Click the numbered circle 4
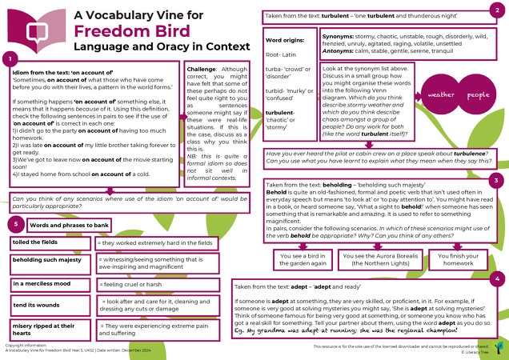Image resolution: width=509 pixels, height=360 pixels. tap(498, 278)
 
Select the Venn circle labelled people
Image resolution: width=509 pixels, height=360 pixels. tap(479, 94)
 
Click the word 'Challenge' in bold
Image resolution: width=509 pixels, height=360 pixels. tap(202, 69)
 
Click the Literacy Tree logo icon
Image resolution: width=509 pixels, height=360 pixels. tap(498, 346)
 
